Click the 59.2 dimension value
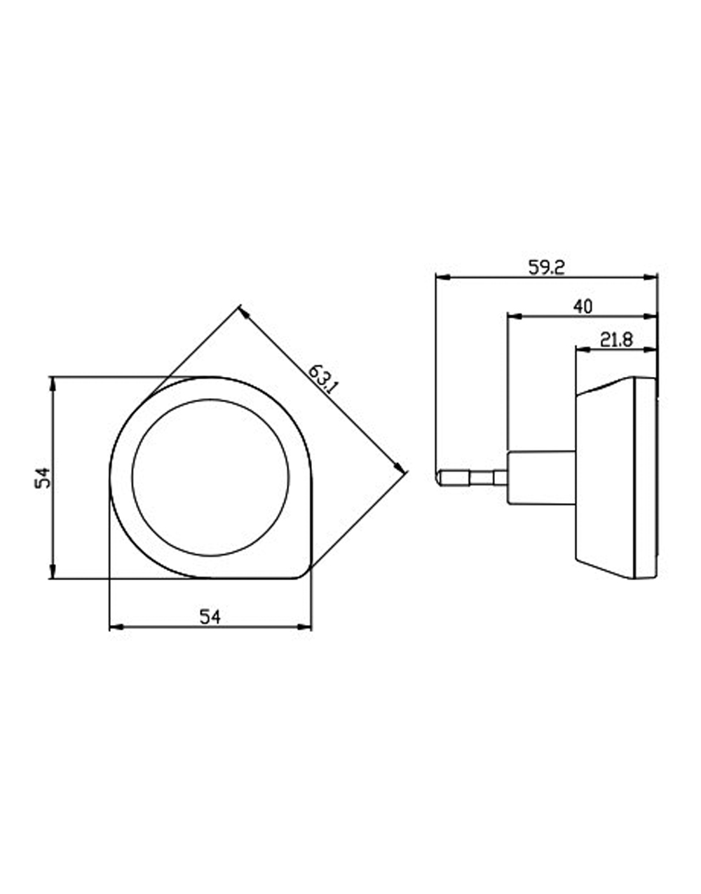[547, 268]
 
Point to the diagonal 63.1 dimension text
[322, 379]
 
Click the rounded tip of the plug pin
[438, 478]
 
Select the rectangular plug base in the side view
[541, 477]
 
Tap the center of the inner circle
[210, 477]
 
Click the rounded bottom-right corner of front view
[305, 574]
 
